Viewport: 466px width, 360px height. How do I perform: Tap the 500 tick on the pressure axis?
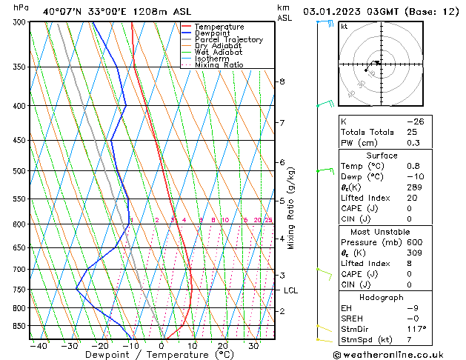(19, 171)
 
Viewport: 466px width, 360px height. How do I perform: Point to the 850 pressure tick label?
(19, 326)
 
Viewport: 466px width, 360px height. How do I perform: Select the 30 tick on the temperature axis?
(253, 345)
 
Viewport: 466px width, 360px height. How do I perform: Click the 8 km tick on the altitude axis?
(282, 81)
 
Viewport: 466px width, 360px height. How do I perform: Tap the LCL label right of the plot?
(290, 290)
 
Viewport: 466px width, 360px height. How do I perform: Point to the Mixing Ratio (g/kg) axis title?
(291, 208)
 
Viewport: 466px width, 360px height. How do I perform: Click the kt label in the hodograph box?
(344, 26)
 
